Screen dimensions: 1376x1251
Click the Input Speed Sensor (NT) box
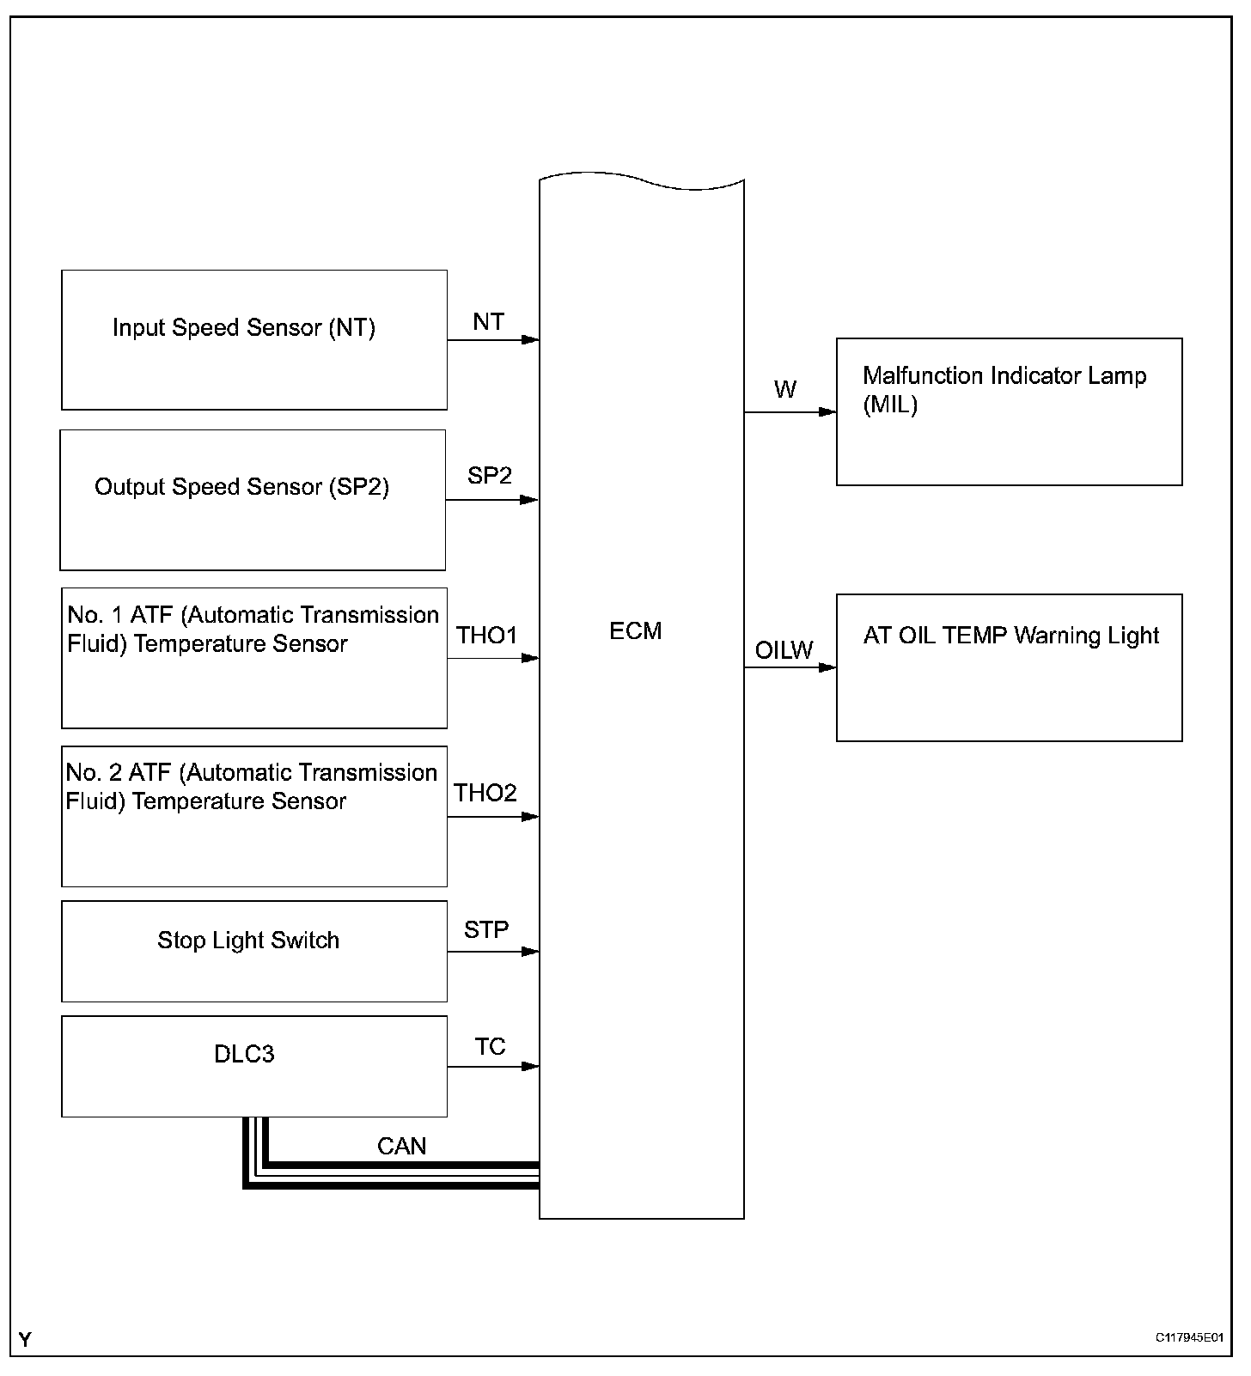coord(254,340)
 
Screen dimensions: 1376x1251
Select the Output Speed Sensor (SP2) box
coord(253,500)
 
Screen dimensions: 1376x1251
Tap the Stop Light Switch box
coord(254,951)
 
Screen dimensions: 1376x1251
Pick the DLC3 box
coord(254,1067)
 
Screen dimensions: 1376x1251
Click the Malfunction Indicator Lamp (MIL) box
coord(1009,412)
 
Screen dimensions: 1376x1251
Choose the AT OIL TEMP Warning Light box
coord(1009,667)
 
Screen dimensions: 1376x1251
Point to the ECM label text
coord(636,631)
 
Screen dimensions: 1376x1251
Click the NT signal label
coord(488,322)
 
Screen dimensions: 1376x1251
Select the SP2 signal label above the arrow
coord(490,476)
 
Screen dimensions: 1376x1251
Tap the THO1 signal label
coord(487,636)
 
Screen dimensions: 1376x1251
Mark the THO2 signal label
coord(485,793)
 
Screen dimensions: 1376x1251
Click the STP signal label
coord(486,929)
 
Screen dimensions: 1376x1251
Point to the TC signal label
coord(490,1047)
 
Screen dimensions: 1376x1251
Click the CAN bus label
coord(401,1147)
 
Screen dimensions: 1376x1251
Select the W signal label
coord(784,390)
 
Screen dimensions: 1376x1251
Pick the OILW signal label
coord(784,650)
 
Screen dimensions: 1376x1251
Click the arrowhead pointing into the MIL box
coord(827,412)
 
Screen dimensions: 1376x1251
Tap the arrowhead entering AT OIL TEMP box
coord(827,667)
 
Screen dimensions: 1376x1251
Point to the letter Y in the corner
coord(25,1340)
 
